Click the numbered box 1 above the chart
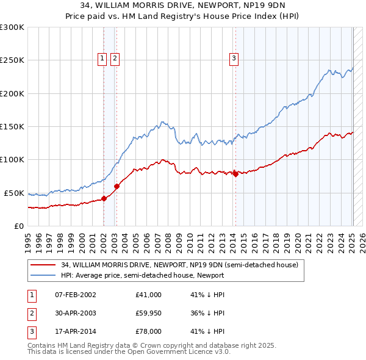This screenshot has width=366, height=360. point(102,59)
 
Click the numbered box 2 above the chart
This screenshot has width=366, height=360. point(115,59)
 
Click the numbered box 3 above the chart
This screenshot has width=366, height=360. point(234,59)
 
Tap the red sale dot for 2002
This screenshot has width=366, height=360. point(104,198)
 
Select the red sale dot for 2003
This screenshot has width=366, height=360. point(117,186)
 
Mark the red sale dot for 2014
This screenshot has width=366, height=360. point(235,174)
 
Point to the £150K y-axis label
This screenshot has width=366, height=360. point(12,126)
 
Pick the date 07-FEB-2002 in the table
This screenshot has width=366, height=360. point(75,295)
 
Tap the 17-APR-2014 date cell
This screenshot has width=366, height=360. point(75,332)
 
